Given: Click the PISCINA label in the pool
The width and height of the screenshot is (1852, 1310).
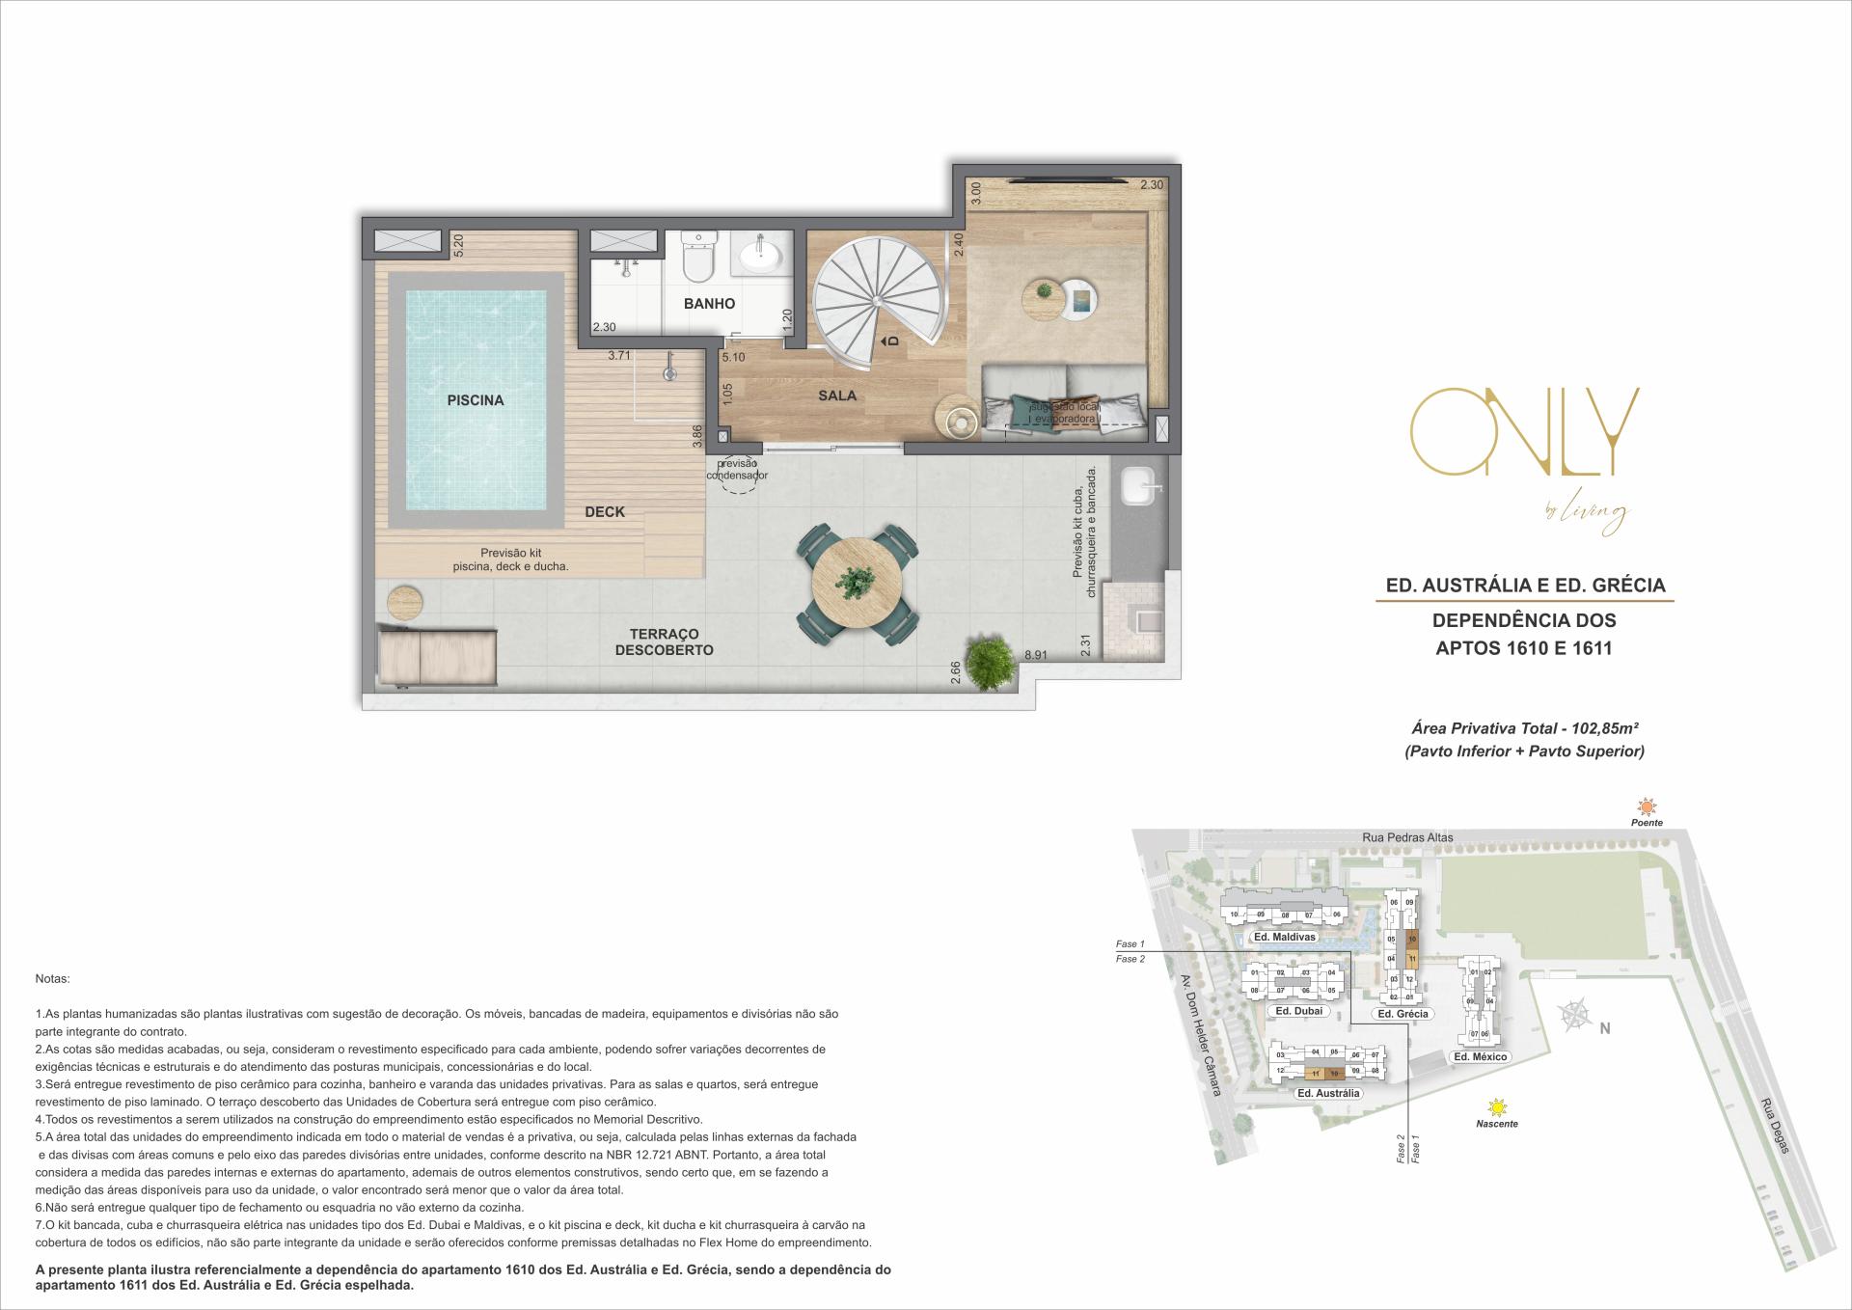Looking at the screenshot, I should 475,400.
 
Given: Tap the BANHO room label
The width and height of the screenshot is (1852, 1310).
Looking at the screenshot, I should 709,304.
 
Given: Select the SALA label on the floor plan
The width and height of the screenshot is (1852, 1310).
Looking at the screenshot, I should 837,396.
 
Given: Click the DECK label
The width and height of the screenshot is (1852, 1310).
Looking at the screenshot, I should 605,512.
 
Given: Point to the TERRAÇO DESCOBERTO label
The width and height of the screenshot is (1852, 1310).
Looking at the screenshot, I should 664,642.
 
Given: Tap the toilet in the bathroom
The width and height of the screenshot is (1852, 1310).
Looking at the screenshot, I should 696,257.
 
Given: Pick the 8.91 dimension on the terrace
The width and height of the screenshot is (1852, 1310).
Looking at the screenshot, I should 1036,655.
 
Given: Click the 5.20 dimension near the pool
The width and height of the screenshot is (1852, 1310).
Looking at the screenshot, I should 458,245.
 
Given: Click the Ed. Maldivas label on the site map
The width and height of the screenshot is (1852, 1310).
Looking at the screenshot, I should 1283,937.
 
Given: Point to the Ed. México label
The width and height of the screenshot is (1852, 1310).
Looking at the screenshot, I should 1480,1056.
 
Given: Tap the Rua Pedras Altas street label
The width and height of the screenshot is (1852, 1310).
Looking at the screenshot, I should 1408,837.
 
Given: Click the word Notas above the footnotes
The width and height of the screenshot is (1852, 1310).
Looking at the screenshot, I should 52,978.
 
